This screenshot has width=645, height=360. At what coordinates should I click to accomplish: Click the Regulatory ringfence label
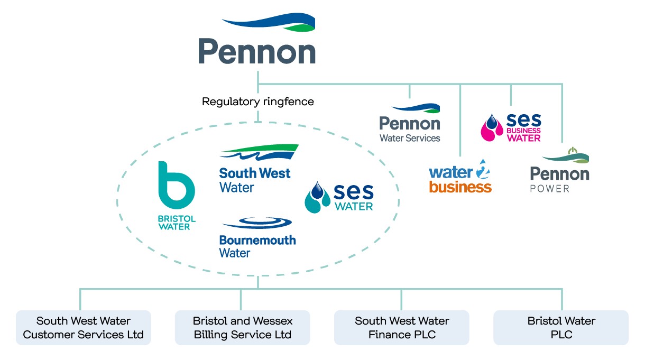click(x=257, y=101)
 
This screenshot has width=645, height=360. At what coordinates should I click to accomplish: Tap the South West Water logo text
click(x=254, y=180)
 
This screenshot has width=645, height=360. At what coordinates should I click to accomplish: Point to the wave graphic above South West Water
click(x=259, y=152)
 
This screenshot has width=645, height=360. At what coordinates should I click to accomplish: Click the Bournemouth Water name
click(x=257, y=246)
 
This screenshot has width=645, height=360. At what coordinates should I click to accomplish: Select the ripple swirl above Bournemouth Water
click(x=258, y=223)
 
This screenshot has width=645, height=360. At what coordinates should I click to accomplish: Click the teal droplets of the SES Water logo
click(x=317, y=197)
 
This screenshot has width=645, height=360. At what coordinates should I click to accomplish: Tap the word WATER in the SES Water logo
click(x=354, y=206)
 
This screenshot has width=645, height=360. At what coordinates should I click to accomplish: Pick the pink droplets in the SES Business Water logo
click(x=492, y=128)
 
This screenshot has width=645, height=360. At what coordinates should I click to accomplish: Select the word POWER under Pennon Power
click(x=550, y=189)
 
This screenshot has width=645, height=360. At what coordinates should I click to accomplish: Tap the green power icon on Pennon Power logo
click(x=571, y=152)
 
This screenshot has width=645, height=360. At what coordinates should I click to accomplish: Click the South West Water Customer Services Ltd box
click(x=83, y=328)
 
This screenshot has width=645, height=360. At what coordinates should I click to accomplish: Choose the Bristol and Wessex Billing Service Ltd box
click(x=242, y=328)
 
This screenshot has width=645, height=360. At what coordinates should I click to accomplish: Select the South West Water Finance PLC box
click(x=402, y=328)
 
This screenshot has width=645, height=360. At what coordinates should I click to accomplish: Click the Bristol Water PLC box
click(x=561, y=328)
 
